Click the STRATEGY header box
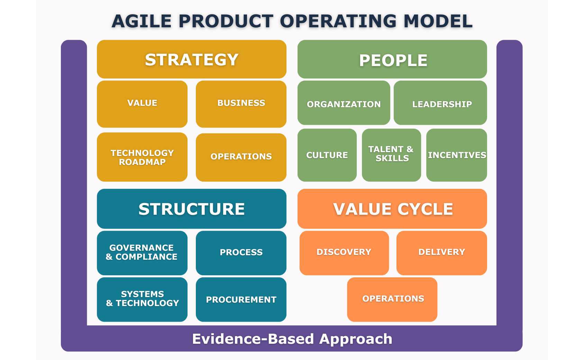coord(191,59)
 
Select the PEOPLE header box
coord(392,59)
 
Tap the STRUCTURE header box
coord(191,209)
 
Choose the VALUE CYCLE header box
coord(392,209)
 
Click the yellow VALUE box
coord(142,104)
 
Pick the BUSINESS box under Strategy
coord(241,104)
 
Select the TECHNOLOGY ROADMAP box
coord(142,157)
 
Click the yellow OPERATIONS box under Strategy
coord(241,157)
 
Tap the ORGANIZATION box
coord(344,103)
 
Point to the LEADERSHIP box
coord(440,103)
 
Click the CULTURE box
coord(327,155)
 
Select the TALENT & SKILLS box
coord(391,155)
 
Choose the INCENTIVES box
coord(456,155)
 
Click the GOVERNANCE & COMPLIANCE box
coord(142,253)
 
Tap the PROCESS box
coord(241,253)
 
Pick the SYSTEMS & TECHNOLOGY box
coord(142,299)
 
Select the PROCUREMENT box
coord(241,299)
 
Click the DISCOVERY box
coord(344,253)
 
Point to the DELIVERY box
coord(441,253)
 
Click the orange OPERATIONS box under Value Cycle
coord(392,299)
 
